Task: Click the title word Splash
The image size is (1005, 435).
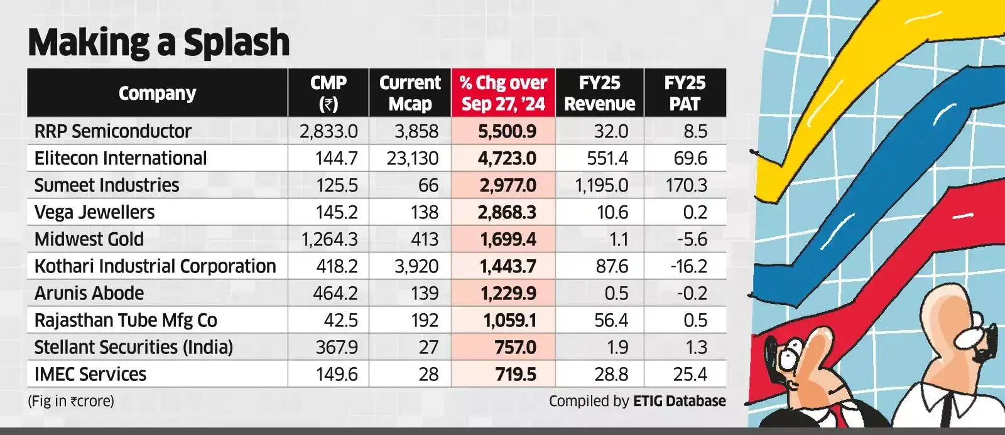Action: (236, 43)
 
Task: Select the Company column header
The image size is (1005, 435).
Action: (158, 94)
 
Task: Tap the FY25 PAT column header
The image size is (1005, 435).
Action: (685, 94)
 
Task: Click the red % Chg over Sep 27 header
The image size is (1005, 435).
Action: (503, 94)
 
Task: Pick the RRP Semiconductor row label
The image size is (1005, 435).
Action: (112, 131)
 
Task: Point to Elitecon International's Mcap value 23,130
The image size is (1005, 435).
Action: (412, 158)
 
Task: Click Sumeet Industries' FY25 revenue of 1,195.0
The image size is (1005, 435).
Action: (601, 185)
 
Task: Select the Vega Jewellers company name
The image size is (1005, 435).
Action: (94, 212)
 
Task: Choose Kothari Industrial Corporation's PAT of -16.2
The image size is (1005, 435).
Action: (688, 266)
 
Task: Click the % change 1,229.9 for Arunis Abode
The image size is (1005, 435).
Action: (508, 293)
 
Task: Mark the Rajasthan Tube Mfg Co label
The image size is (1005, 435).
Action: (126, 320)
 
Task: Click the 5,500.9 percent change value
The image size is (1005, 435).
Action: (507, 131)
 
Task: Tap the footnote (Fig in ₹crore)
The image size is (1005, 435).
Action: (71, 401)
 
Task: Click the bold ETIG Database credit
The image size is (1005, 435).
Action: (679, 401)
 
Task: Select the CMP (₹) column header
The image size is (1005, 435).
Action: (329, 94)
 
